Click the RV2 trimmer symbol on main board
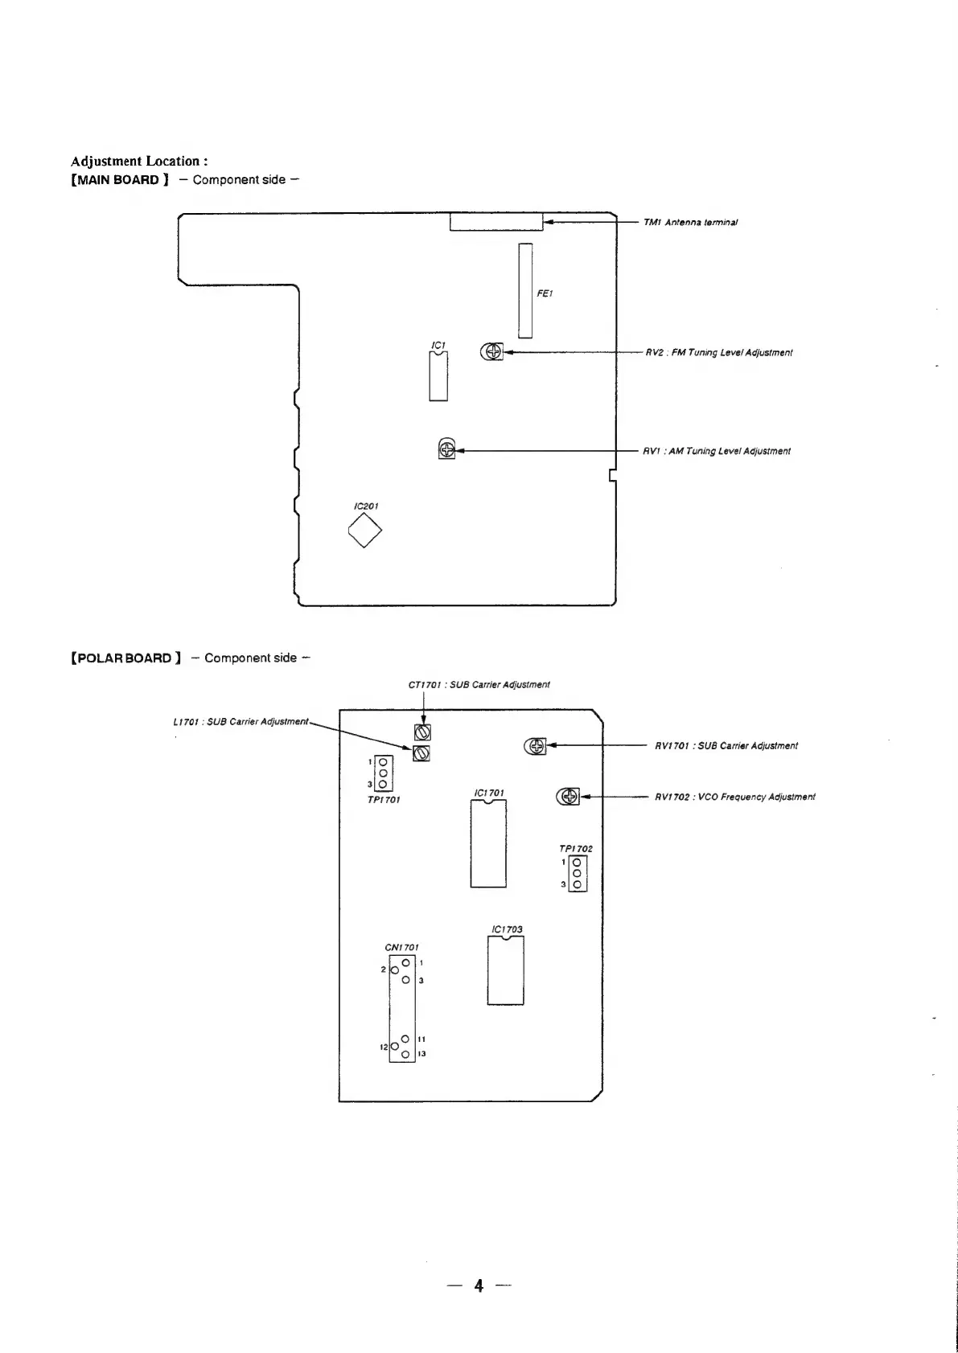[491, 352]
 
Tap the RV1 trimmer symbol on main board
[446, 449]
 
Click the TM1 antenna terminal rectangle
[496, 222]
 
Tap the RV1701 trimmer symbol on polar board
[536, 746]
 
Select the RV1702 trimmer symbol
[568, 797]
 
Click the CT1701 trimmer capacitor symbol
[423, 732]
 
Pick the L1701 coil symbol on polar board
[421, 753]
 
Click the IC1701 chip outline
[488, 844]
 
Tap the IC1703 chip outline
[505, 971]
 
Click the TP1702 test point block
[577, 873]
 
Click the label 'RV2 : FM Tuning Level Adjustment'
[719, 353]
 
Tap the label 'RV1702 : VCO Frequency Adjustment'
[734, 797]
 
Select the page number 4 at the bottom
[479, 1285]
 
